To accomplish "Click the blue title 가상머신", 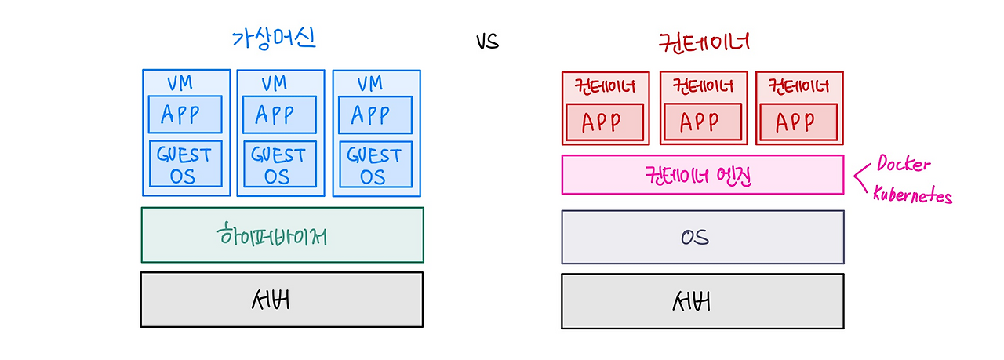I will pyautogui.click(x=274, y=38).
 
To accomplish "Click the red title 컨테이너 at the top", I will pyautogui.click(x=704, y=42).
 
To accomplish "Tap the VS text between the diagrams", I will pyautogui.click(x=487, y=42).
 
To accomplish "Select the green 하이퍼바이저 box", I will pyautogui.click(x=282, y=235).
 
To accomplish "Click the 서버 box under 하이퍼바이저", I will pyautogui.click(x=282, y=299).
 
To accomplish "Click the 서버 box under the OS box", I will pyautogui.click(x=703, y=300).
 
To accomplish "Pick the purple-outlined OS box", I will pyautogui.click(x=703, y=237).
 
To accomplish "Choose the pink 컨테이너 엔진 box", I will pyautogui.click(x=703, y=174).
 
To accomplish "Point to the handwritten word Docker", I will pyautogui.click(x=904, y=165).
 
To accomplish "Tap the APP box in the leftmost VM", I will pyautogui.click(x=185, y=115).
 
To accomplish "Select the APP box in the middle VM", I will pyautogui.click(x=279, y=115).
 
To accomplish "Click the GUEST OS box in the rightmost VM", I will pyautogui.click(x=374, y=164).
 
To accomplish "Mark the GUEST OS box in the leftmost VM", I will pyautogui.click(x=185, y=164).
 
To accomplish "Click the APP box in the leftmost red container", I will pyautogui.click(x=605, y=122).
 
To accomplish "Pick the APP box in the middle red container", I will pyautogui.click(x=702, y=122).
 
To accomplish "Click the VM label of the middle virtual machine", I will pyautogui.click(x=275, y=82).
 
